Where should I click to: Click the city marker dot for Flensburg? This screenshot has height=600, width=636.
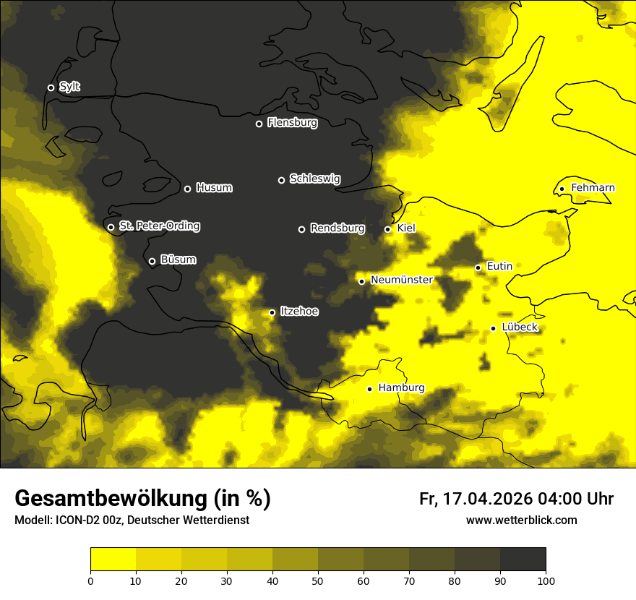tap(259, 124)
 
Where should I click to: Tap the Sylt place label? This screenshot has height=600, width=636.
tap(69, 87)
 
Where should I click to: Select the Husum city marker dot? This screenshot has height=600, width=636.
tap(187, 189)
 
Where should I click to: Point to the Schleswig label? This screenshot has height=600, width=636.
tap(314, 179)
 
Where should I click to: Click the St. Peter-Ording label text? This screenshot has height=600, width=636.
tap(159, 226)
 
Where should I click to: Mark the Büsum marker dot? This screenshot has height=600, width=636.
tap(152, 262)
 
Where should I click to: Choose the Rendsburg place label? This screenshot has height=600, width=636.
tap(337, 228)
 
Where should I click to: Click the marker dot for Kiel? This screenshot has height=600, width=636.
tap(387, 229)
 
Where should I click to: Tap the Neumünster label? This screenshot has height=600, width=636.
tap(401, 280)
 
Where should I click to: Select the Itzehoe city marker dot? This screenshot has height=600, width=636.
tap(272, 312)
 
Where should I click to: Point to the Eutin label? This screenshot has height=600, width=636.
tap(499, 266)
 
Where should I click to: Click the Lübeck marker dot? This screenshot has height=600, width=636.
tap(493, 328)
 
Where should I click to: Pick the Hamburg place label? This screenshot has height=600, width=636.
tap(401, 387)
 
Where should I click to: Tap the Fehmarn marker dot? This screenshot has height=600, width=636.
tap(562, 189)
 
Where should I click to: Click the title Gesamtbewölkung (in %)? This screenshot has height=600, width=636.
tap(142, 499)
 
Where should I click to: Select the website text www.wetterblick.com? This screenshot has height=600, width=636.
tap(521, 520)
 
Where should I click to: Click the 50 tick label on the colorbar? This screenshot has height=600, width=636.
tap(318, 580)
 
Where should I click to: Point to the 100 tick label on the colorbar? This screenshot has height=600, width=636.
tap(546, 580)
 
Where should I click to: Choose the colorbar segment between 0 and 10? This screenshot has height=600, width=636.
tap(113, 559)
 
